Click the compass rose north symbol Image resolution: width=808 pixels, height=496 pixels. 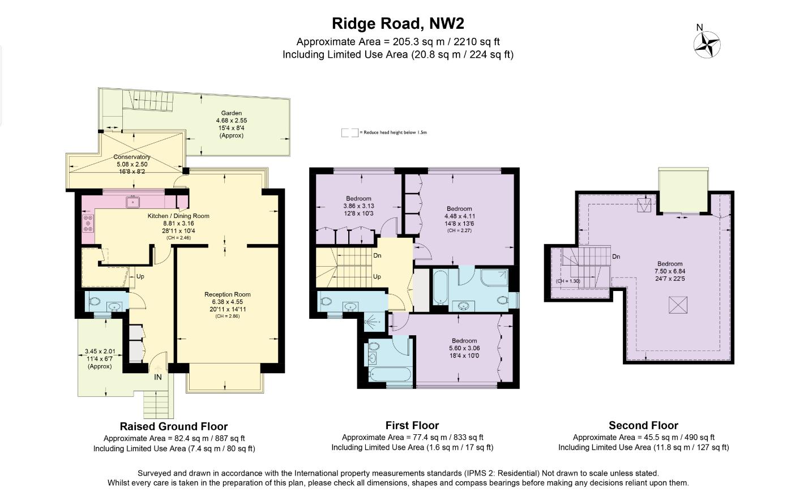706,42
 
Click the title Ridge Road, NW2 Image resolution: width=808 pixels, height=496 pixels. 397,23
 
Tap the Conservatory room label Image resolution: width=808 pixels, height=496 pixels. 132,157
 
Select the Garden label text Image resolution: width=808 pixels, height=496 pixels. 231,113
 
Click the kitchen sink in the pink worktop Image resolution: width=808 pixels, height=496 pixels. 133,202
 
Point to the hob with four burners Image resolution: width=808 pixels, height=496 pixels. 88,223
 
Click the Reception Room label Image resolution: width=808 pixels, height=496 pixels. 227,294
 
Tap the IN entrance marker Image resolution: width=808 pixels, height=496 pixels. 158,377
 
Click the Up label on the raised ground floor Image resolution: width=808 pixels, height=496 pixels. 140,277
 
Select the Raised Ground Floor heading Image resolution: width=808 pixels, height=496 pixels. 173,426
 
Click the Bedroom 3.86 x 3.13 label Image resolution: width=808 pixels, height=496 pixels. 358,199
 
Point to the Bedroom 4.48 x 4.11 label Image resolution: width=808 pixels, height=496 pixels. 459,209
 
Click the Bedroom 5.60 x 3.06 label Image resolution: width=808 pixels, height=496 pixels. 464,341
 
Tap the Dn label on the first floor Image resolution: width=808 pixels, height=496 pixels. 377,256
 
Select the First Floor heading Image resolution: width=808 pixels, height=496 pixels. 412,425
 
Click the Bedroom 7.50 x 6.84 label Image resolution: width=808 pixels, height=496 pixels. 669,264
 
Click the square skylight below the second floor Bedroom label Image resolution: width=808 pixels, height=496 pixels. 677,306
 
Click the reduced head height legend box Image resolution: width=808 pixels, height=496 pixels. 349,132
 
